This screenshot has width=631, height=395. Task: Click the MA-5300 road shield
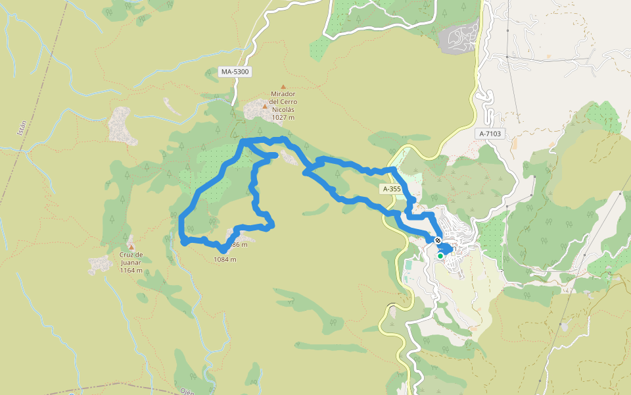(236, 71)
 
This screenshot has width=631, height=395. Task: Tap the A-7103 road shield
(490, 134)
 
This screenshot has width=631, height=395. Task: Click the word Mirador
(283, 95)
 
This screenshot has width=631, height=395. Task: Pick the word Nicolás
(283, 110)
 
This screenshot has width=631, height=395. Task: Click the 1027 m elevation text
(283, 118)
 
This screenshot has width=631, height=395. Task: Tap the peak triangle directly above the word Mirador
(283, 87)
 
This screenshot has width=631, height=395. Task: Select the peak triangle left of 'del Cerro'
(265, 105)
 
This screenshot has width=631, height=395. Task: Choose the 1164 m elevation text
(131, 270)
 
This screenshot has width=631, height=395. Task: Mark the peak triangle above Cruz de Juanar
(131, 247)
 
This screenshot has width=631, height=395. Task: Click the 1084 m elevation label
(225, 259)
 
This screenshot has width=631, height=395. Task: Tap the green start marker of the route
(440, 255)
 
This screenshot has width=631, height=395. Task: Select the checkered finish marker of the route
(437, 241)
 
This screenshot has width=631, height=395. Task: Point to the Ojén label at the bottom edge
(187, 391)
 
